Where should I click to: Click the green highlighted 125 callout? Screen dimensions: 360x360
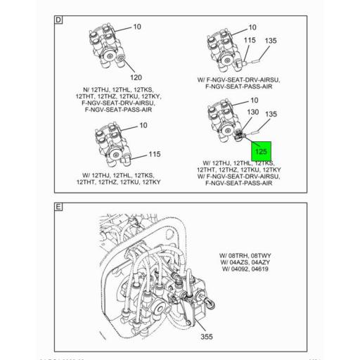click(261, 150)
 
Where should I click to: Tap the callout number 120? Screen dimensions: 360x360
click(136, 77)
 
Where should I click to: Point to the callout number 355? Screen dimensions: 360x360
click(207, 337)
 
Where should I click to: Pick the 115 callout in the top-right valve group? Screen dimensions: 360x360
click(249, 41)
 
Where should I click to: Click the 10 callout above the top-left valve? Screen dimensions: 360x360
click(136, 27)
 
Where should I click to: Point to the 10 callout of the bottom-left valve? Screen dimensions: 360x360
click(142, 125)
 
